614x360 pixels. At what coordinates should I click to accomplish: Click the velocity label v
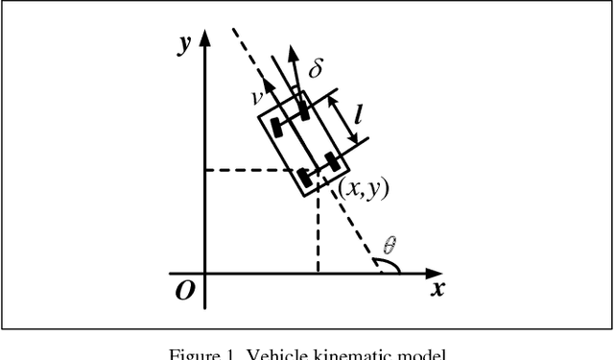click(257, 96)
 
